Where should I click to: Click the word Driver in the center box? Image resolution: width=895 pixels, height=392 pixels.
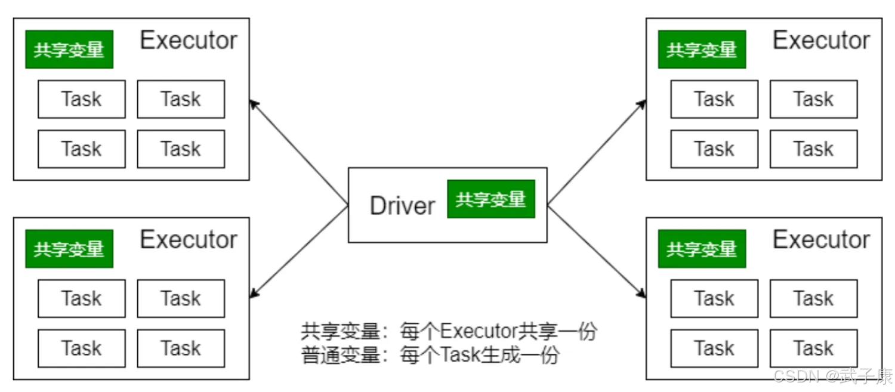pos(402,206)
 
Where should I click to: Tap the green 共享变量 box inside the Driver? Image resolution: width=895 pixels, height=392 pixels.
pos(491,199)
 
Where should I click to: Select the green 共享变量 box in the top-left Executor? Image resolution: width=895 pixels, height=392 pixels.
pos(69,49)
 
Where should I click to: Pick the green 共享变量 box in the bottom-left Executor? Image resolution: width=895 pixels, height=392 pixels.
pos(69,249)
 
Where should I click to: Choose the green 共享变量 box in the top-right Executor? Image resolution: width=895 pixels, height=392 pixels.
pos(702,49)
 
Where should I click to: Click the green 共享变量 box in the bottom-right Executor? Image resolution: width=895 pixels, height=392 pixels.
pos(702,249)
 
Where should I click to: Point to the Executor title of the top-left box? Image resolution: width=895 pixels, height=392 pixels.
pos(189,41)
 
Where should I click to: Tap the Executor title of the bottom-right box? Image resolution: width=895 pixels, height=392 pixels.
pos(822,240)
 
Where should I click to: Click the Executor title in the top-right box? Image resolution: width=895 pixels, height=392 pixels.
pos(822,41)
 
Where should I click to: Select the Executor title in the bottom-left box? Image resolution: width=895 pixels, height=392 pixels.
pos(189,240)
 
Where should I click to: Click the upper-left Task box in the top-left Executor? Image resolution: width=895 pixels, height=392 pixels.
pos(82,99)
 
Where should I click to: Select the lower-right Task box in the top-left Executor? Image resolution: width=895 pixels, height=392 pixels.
pos(181,149)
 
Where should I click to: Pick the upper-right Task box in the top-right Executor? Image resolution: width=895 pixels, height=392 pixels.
pos(814,99)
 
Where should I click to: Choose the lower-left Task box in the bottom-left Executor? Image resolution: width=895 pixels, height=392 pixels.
pos(82,348)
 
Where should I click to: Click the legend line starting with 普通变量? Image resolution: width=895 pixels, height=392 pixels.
pos(430,355)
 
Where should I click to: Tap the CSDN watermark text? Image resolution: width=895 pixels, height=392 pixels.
pos(833,376)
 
